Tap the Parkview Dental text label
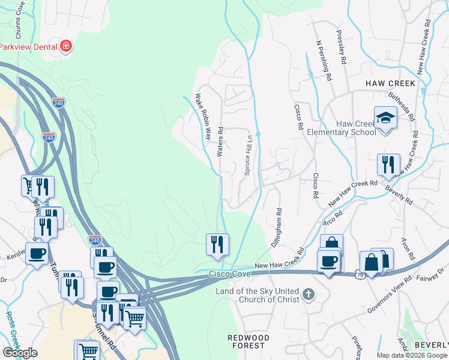pyautogui.click(x=27, y=47)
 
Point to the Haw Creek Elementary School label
pyautogui.click(x=340, y=128)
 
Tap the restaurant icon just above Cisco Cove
pyautogui.click(x=217, y=244)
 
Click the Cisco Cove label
pyautogui.click(x=229, y=274)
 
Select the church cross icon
pyautogui.click(x=308, y=294)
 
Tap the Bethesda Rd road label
pyautogui.click(x=402, y=105)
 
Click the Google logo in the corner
pyautogui.click(x=20, y=353)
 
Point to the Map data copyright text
pyautogui.click(x=412, y=355)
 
